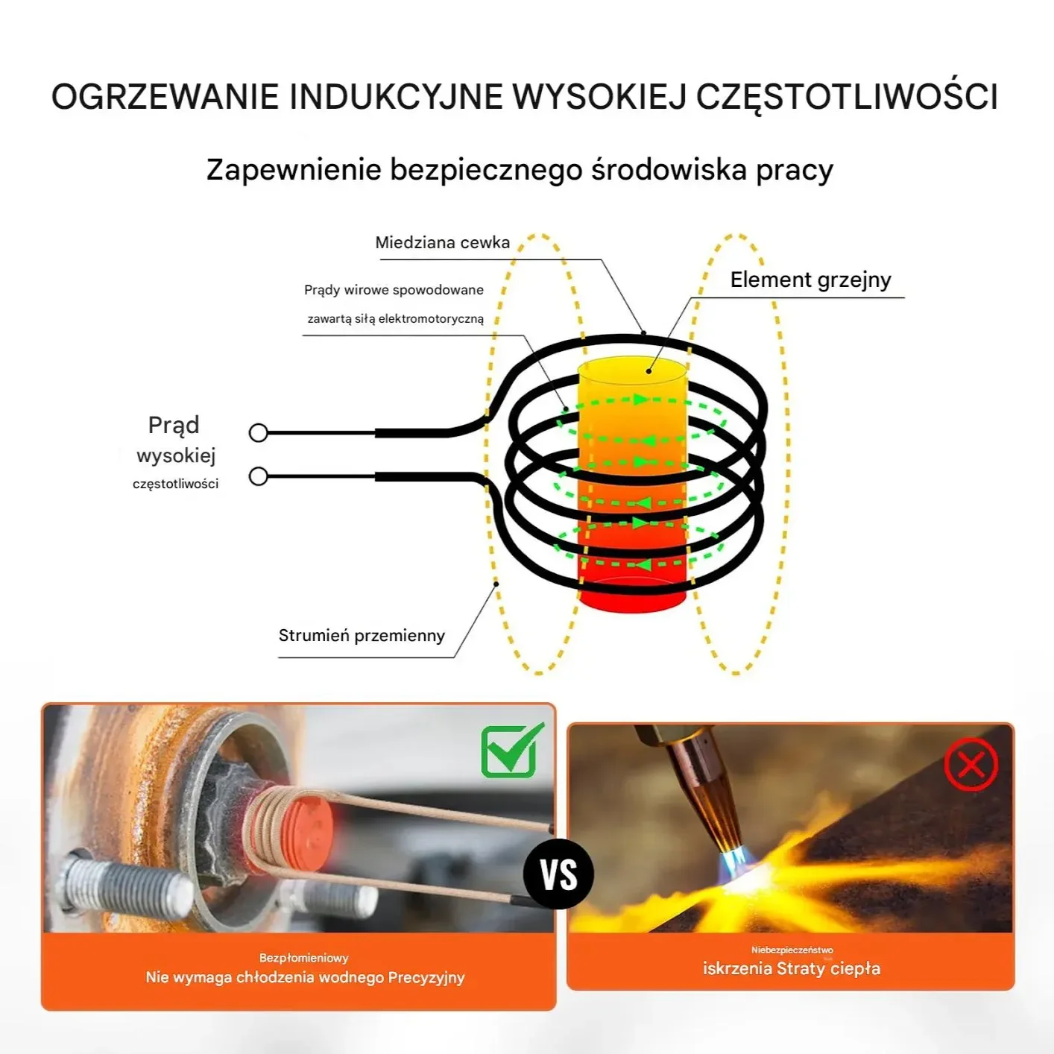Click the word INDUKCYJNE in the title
[395, 97]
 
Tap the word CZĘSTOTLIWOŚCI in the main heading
[846, 97]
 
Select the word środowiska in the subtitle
[669, 170]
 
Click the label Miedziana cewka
[442, 243]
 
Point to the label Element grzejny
[810, 280]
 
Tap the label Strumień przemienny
[362, 636]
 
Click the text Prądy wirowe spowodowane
[394, 290]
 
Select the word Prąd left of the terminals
[174, 425]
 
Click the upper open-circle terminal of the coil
[259, 433]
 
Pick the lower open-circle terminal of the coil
[259, 476]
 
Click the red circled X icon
[971, 765]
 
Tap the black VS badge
[558, 874]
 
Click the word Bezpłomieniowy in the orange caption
[303, 958]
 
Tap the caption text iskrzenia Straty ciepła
[792, 969]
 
